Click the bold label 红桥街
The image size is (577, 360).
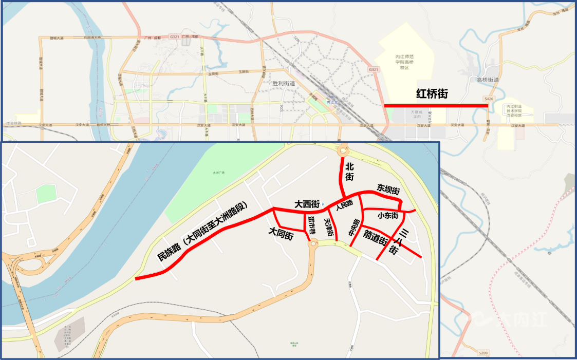[x=432, y=94]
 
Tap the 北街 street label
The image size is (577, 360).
[x=349, y=172]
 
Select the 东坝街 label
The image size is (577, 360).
[x=388, y=188]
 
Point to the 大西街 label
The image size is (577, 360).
[x=307, y=204]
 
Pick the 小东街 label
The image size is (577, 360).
[x=388, y=215]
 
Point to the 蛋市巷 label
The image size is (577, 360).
[x=311, y=224]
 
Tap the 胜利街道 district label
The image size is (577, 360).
[x=284, y=83]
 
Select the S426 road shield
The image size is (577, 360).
[x=489, y=98]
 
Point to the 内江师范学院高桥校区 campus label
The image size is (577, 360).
[x=404, y=62]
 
